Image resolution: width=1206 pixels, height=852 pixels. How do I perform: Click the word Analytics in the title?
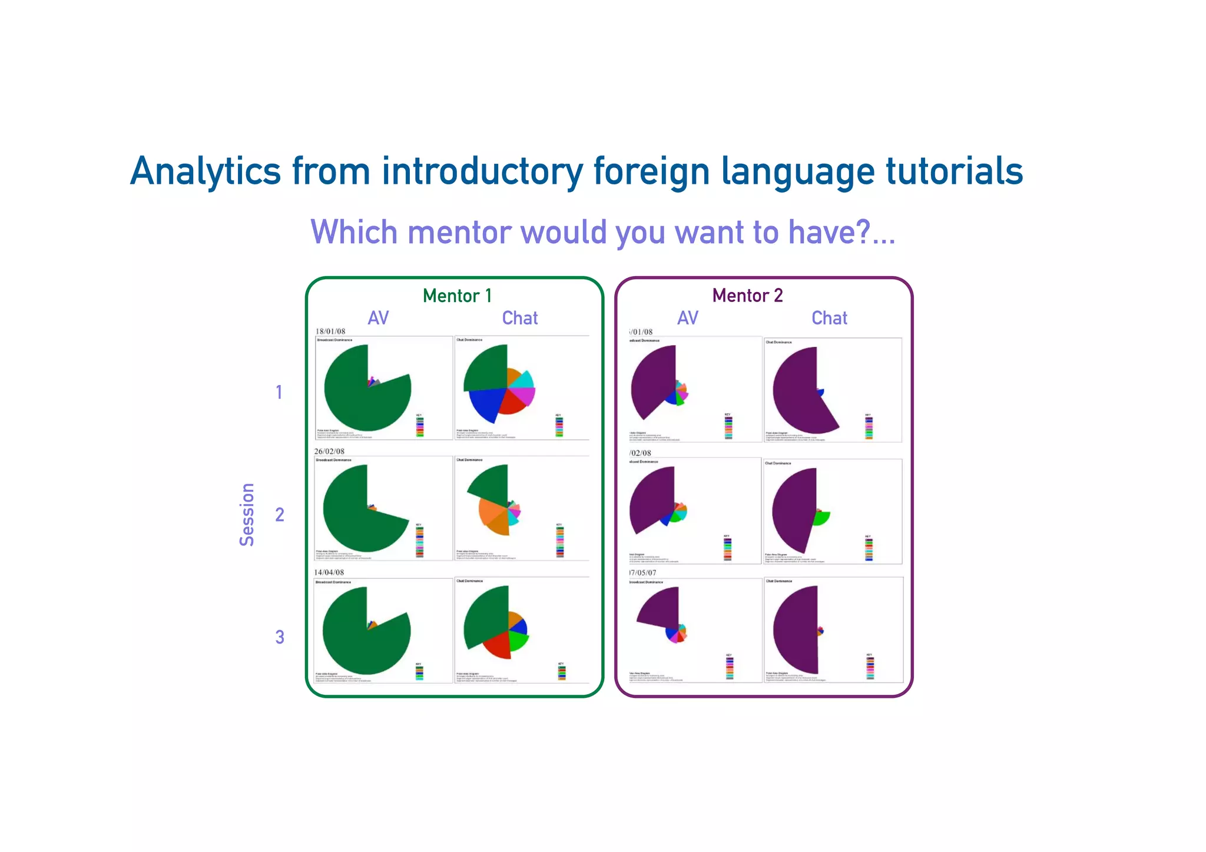point(205,172)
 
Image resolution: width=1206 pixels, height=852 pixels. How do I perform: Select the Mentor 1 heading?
point(457,296)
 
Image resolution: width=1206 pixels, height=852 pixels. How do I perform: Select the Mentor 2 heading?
point(747,295)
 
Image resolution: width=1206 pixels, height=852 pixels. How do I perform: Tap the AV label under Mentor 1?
point(378,318)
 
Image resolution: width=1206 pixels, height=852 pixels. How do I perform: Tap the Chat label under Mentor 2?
point(829,318)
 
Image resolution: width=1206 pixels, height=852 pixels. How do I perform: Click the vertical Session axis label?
point(247,515)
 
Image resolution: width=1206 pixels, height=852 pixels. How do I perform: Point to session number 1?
point(279,392)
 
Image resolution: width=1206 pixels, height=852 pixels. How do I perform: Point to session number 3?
point(280,636)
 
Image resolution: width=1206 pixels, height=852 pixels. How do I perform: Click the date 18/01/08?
point(330,331)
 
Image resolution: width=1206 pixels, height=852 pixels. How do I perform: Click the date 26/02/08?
point(329,452)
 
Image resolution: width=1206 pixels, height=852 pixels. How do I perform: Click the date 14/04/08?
point(329,572)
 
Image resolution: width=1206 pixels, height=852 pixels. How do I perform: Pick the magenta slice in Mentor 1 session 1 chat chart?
point(526,396)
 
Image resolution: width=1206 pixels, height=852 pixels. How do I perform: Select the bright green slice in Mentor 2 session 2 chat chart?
point(821,518)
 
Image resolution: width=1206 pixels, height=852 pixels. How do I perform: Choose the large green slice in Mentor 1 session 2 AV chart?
point(353,518)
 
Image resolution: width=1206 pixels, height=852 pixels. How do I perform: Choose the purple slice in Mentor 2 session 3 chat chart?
point(795,630)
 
